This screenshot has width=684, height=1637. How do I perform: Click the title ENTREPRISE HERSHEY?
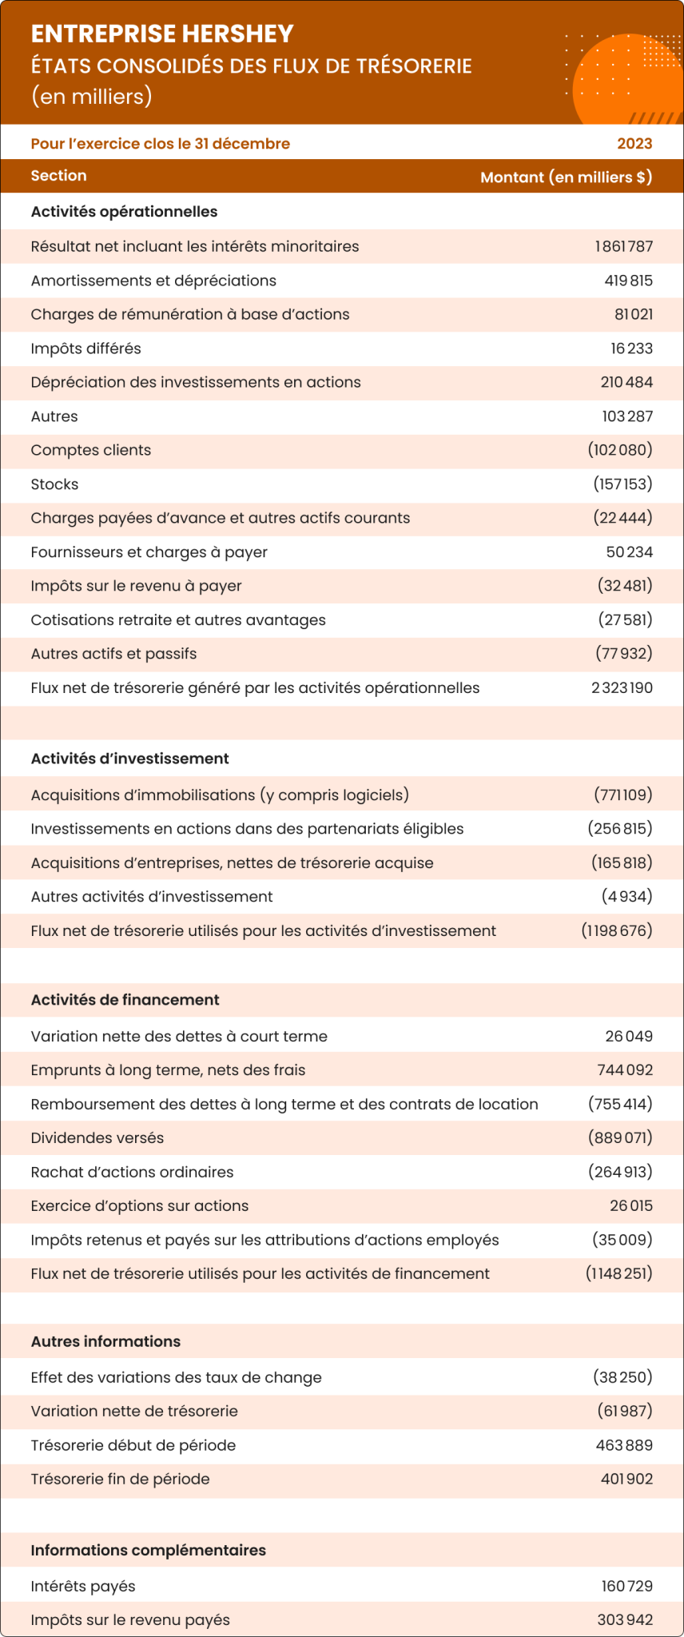pos(162,34)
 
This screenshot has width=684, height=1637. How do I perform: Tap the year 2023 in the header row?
pos(634,144)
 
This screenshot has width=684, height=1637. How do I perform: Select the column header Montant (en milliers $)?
pos(566,177)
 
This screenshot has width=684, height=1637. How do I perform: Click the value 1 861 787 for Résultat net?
pos(623,246)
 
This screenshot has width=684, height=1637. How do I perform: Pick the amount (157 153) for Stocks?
pos(622,484)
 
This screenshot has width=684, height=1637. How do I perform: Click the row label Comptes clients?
pos(90,450)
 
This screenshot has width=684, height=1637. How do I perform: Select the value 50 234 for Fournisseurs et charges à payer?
pos(629,552)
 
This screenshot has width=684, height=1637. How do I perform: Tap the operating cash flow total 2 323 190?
pos(622,688)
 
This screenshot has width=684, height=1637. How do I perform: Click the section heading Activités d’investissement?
pos(129,759)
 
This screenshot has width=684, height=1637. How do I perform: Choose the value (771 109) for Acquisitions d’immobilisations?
pos(622,795)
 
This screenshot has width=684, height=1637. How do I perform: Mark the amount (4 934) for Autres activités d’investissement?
pos(626,897)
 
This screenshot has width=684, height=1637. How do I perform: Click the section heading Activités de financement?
pos(125,1000)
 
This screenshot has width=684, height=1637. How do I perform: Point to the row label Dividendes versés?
pos(97,1138)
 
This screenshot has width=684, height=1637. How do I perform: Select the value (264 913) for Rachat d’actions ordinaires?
pos(620,1172)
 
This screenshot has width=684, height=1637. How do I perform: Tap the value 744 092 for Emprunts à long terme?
pos(625,1070)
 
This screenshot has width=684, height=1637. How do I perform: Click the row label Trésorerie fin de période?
pos(120,1479)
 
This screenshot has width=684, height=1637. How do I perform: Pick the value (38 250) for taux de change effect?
pos(622,1377)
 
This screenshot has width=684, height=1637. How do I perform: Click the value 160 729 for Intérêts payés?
pos(626,1586)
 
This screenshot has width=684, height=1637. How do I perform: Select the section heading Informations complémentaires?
pos(148,1550)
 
